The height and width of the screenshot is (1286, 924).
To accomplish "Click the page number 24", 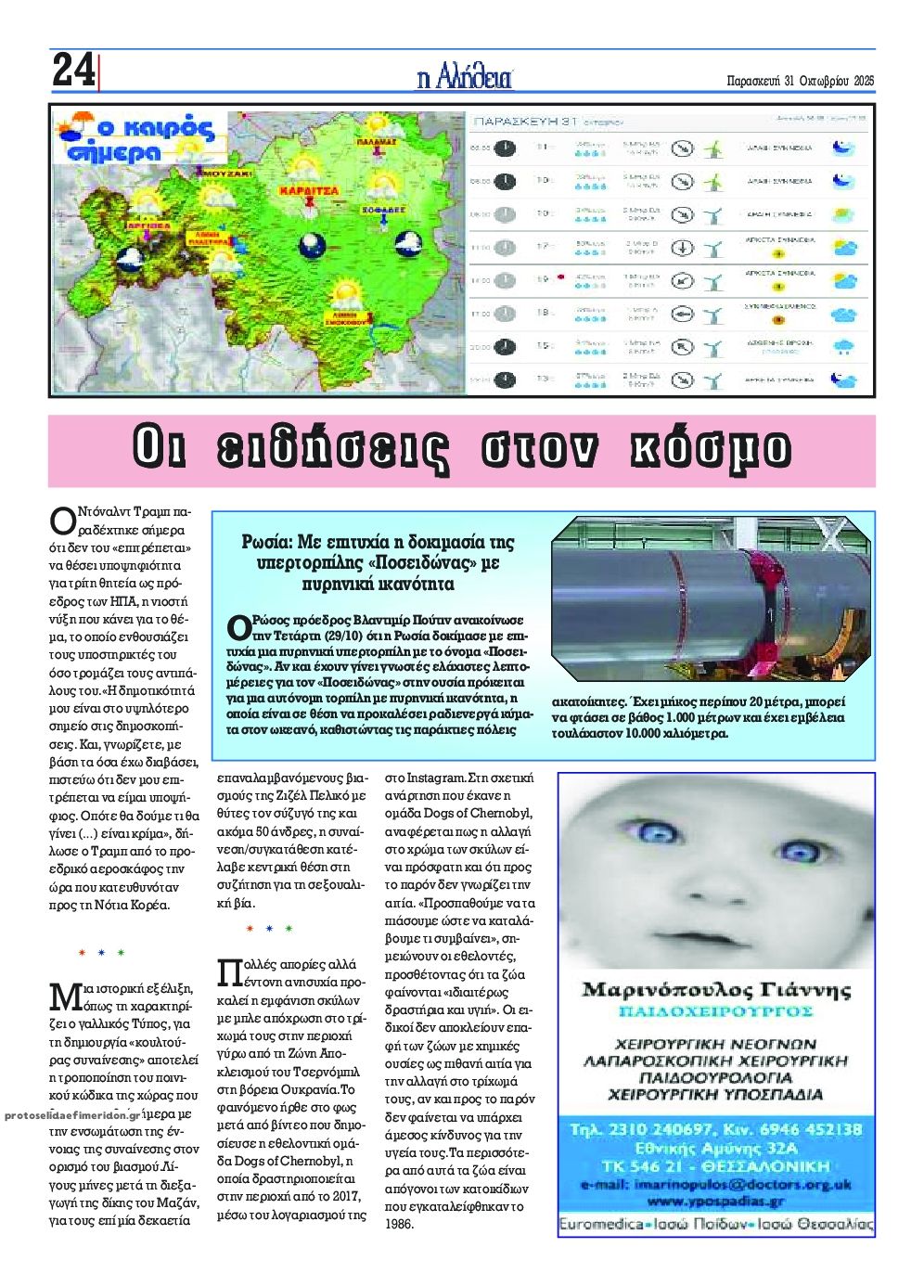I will click(x=73, y=71).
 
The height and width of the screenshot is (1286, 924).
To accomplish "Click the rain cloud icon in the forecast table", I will click(x=843, y=347).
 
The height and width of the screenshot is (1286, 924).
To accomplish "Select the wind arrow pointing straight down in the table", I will click(x=682, y=248).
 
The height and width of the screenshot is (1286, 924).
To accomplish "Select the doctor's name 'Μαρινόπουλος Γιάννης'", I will click(x=715, y=989).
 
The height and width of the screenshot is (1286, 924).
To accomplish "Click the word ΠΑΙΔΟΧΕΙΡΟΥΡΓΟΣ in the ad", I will click(x=715, y=1010).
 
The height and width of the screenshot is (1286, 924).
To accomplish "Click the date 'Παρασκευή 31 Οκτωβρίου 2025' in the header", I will click(x=801, y=81).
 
